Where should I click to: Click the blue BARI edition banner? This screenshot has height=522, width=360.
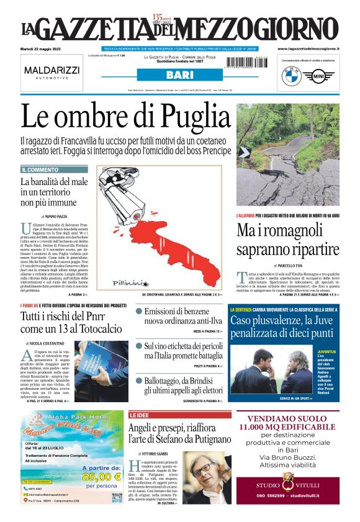(179, 75)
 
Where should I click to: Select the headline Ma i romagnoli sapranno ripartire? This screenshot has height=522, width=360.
(287, 238)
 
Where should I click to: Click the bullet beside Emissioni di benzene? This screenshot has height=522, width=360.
(139, 312)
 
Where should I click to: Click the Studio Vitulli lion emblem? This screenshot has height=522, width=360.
(287, 479)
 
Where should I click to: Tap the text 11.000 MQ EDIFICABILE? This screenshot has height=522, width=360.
(287, 427)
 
